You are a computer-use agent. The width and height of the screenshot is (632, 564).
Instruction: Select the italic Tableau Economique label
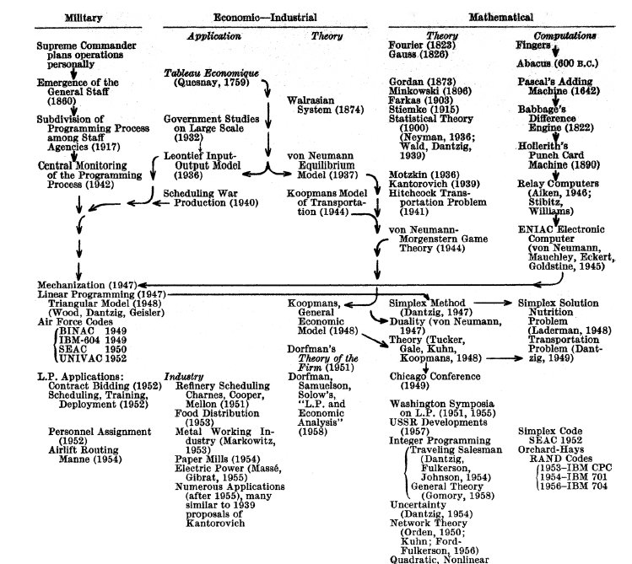point(204,74)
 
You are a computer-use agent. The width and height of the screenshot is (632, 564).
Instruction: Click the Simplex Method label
point(427,302)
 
